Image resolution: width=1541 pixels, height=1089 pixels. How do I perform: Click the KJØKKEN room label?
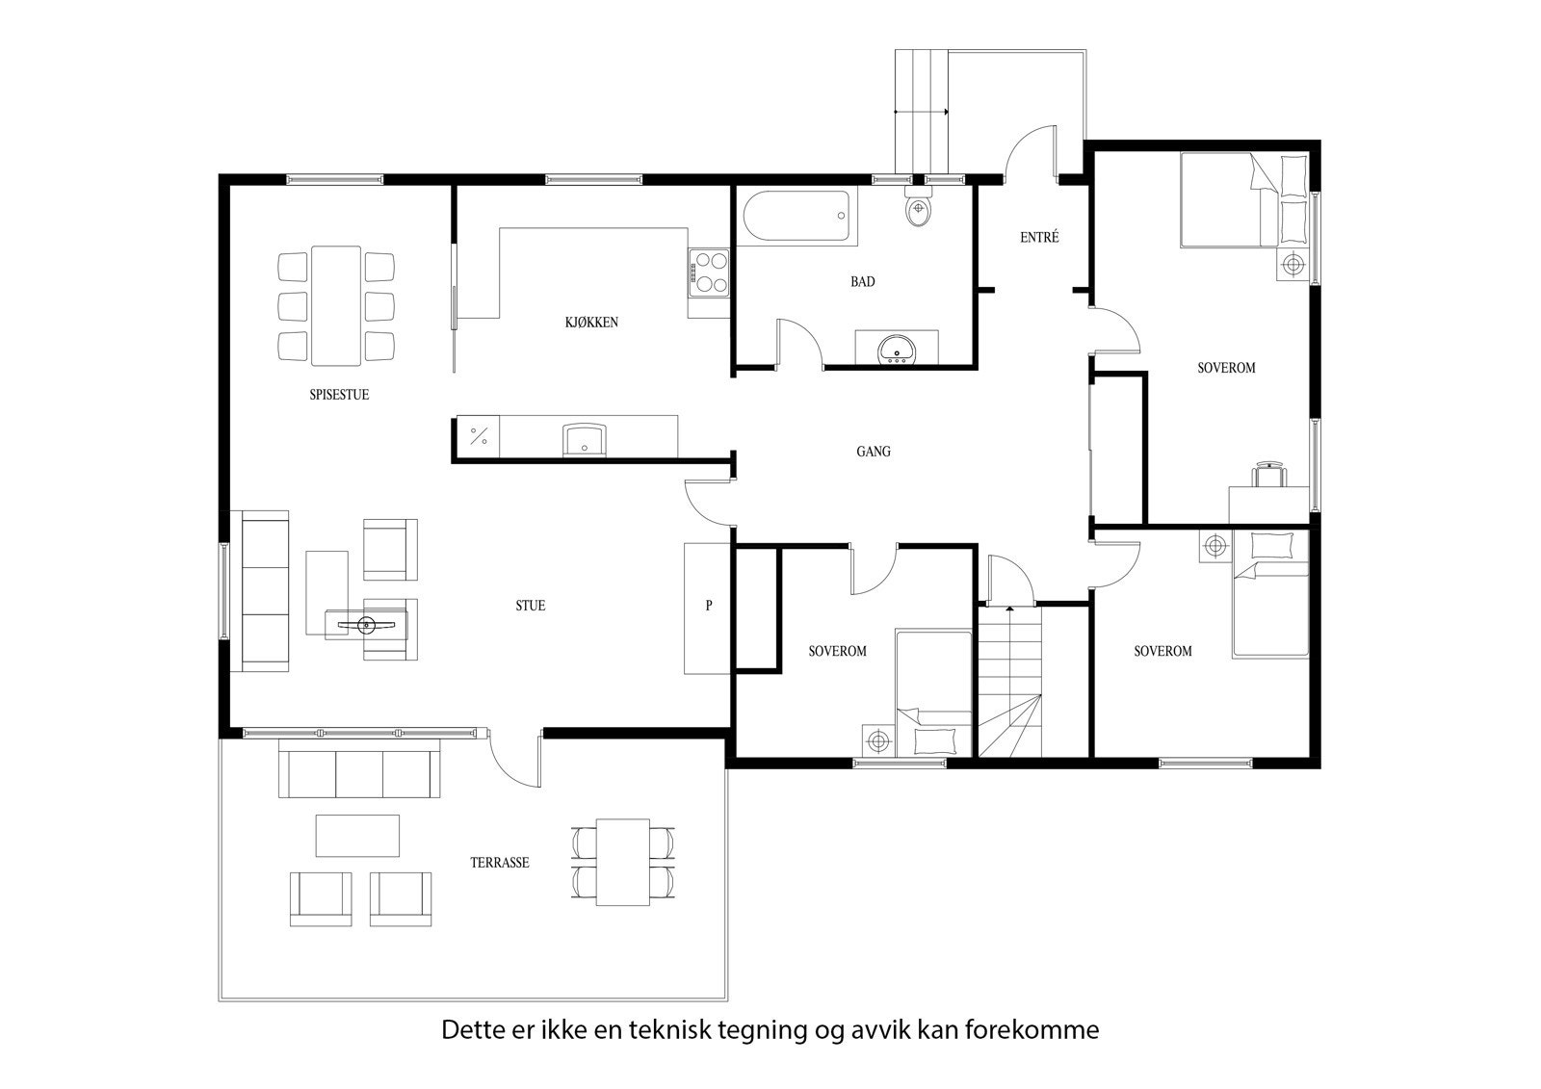[x=591, y=323]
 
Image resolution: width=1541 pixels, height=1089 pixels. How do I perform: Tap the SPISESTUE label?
[x=339, y=395]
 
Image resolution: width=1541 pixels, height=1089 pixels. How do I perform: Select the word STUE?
[x=530, y=606]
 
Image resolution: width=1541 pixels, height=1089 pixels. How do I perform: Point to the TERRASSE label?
[x=499, y=863]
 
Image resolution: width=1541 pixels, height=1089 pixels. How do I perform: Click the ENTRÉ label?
[x=1039, y=237]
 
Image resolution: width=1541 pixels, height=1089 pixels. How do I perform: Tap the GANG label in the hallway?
[x=874, y=451]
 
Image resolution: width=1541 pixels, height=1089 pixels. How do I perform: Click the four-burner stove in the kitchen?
[x=710, y=272]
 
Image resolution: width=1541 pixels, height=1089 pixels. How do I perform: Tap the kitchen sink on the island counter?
[x=585, y=439]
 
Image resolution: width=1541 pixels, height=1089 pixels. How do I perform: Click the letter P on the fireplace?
[x=709, y=607]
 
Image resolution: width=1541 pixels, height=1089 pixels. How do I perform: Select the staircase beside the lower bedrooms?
[x=1010, y=679]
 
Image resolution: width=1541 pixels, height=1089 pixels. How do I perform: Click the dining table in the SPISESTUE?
[x=336, y=306]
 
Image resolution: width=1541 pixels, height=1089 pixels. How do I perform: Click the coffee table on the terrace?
[x=357, y=836]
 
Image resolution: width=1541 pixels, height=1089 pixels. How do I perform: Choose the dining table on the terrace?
[x=622, y=862]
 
